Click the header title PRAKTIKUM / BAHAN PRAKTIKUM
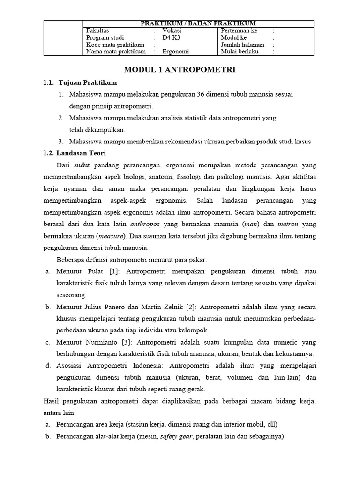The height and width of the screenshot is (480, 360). [x=199, y=23]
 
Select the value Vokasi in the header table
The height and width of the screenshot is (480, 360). [x=172, y=30]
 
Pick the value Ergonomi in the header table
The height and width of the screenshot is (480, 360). [x=176, y=52]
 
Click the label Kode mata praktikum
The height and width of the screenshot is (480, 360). [x=115, y=45]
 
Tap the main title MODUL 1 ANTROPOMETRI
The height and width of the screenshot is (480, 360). [x=179, y=70]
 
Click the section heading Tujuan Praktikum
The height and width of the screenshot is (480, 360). [x=87, y=82]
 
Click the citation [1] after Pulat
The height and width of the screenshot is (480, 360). [x=115, y=271]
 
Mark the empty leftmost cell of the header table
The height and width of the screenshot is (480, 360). [x=63, y=37]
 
